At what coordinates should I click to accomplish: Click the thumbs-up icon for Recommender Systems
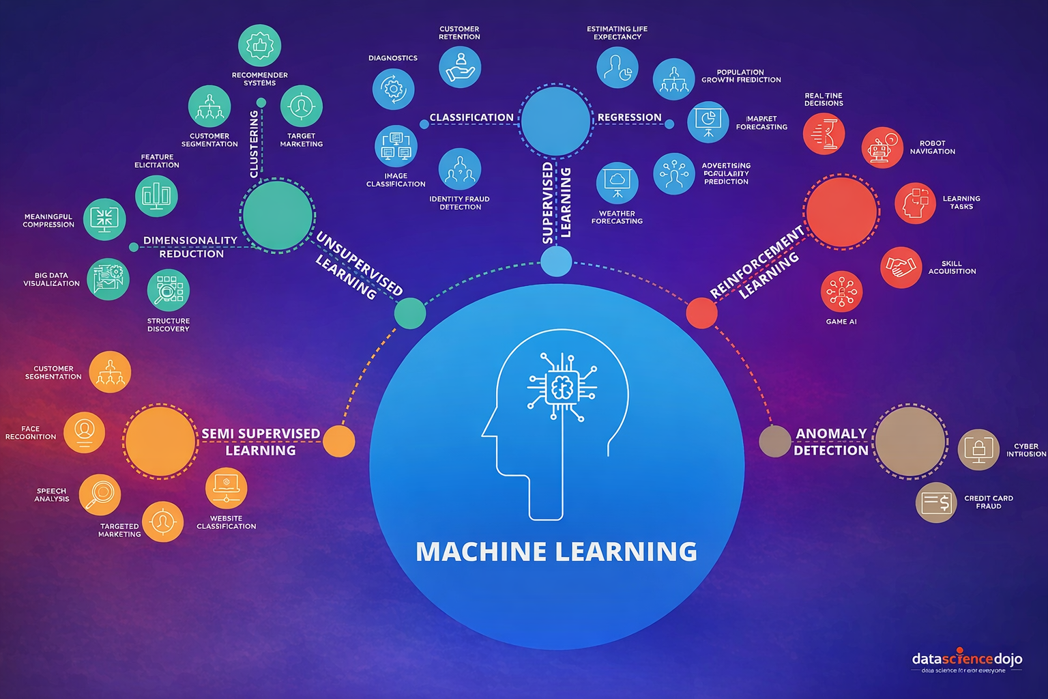(x=259, y=46)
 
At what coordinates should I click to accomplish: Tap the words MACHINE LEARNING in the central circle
(x=556, y=552)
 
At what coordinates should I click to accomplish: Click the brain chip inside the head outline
(x=562, y=387)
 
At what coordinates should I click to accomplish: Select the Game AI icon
(x=841, y=292)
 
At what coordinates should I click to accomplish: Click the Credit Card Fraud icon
(x=936, y=503)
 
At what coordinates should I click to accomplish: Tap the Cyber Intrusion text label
(x=1025, y=450)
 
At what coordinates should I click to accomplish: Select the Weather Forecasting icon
(x=617, y=183)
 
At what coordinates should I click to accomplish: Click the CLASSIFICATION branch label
(x=471, y=117)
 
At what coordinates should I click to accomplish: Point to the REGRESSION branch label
(x=629, y=117)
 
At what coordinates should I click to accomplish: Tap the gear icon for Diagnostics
(x=393, y=89)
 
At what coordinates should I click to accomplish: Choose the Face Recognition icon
(x=84, y=432)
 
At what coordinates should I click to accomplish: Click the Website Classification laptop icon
(x=226, y=487)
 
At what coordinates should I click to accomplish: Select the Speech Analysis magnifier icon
(x=100, y=494)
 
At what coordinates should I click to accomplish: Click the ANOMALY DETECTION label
(x=830, y=442)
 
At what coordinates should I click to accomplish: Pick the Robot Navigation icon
(x=882, y=147)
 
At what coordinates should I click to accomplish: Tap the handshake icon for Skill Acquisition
(x=901, y=267)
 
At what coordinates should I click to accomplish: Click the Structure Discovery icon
(x=168, y=290)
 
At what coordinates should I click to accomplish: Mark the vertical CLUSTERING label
(x=254, y=144)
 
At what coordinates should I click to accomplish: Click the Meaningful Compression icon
(x=104, y=219)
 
